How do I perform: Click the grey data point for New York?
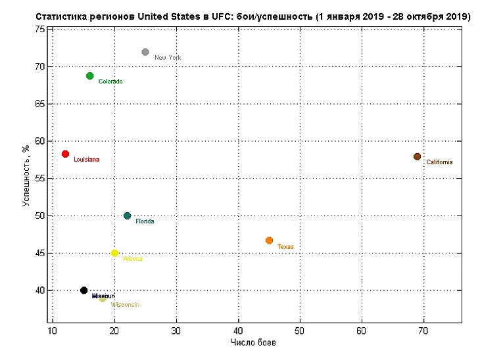145,52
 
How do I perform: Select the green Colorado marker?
90,76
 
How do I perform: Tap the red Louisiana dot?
65,154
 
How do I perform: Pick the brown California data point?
417,156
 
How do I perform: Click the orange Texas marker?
269,240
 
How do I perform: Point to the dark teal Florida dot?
127,215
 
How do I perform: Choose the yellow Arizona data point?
114,253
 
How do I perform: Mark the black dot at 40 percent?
84,290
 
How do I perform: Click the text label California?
439,162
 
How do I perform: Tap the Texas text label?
285,247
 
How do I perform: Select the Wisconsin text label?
124,305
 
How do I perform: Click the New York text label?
168,58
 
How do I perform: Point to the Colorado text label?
110,81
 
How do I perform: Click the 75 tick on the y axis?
40,29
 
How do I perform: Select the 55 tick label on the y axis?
40,178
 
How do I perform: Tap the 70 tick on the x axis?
423,330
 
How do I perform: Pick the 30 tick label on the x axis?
176,330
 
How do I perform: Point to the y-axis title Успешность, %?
27,175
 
